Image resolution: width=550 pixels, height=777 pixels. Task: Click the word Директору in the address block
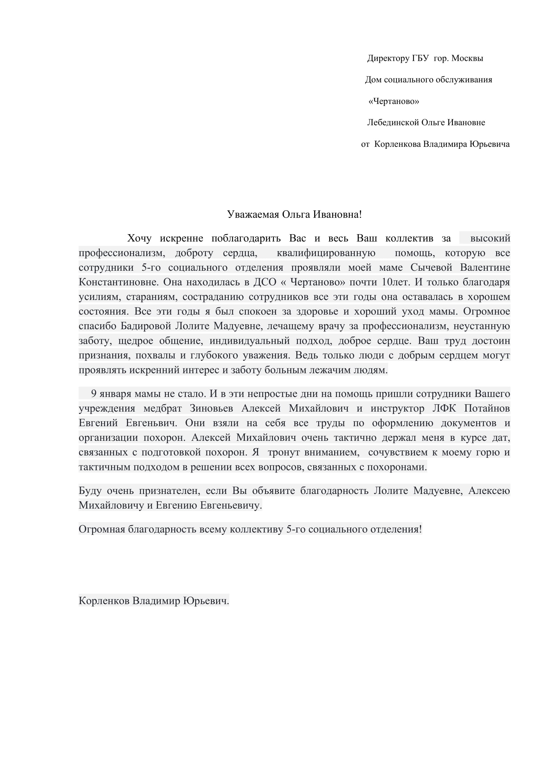[x=388, y=58]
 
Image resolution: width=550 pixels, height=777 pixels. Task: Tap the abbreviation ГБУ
[x=420, y=58]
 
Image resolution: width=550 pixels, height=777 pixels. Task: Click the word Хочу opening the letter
[x=139, y=239]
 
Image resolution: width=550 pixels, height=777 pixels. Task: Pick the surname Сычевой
[x=431, y=268]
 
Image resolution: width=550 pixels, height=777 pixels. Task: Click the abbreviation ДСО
[x=265, y=282]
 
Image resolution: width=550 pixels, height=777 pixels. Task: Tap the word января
[x=115, y=394]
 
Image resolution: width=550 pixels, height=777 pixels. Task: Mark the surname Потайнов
[x=487, y=409]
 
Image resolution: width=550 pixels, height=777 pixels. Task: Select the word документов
[x=469, y=423]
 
